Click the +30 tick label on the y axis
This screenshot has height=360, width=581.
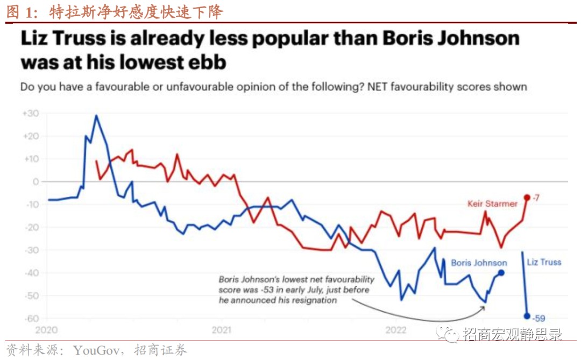coord(30,114)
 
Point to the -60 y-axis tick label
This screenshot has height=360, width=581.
coord(31,318)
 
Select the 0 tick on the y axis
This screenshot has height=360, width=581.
coord(35,182)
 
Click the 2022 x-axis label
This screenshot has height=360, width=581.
coord(396,329)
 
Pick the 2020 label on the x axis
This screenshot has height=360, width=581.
coord(46,329)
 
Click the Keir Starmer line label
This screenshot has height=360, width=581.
coord(492,204)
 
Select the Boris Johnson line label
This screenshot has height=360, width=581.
coord(479,263)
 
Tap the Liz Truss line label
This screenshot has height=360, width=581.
coord(544,262)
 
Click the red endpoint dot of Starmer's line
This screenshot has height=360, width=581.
coord(527,197)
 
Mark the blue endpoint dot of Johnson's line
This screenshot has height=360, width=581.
coord(501,272)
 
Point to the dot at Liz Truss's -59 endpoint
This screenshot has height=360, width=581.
coord(527,316)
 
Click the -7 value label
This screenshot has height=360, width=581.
coord(536,198)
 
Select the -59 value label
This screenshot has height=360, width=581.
coord(538,318)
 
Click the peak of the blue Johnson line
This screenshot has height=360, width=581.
coord(96,115)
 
